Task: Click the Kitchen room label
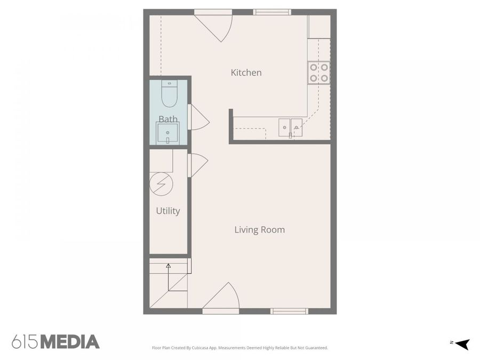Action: (x=246, y=73)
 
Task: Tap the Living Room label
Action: (x=259, y=230)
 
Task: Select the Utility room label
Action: (x=167, y=211)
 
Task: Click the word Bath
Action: (x=168, y=119)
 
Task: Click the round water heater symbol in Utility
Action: (x=161, y=183)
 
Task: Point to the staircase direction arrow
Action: (x=169, y=265)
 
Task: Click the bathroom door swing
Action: (x=197, y=118)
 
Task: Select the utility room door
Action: (x=197, y=165)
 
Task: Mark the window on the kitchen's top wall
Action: (x=272, y=12)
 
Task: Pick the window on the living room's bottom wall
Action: (x=289, y=311)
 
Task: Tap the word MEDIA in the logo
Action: (x=70, y=342)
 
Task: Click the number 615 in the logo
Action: (x=25, y=342)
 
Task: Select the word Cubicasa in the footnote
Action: (x=205, y=348)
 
